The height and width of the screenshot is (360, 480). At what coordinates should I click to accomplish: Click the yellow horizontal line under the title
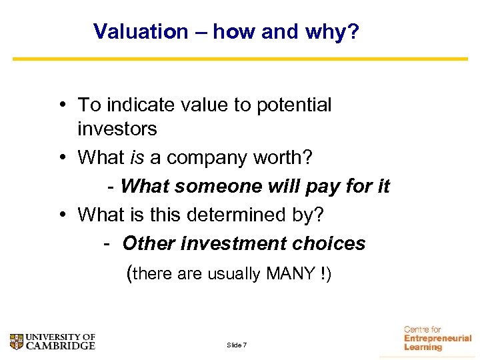point(240,59)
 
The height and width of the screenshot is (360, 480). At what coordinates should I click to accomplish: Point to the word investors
point(117,129)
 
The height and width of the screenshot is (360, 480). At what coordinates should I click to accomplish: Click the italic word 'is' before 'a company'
point(137,157)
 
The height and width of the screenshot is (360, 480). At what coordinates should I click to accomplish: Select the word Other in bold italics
point(149,243)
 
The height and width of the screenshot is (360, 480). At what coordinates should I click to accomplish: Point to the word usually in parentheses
point(234,273)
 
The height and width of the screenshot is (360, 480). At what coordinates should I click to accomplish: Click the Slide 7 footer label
point(237,345)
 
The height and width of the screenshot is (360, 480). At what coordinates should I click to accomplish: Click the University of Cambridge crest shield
point(17,342)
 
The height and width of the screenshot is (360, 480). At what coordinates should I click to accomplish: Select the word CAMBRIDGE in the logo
point(61,346)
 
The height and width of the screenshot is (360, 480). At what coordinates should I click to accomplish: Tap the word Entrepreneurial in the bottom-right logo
point(437,338)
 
